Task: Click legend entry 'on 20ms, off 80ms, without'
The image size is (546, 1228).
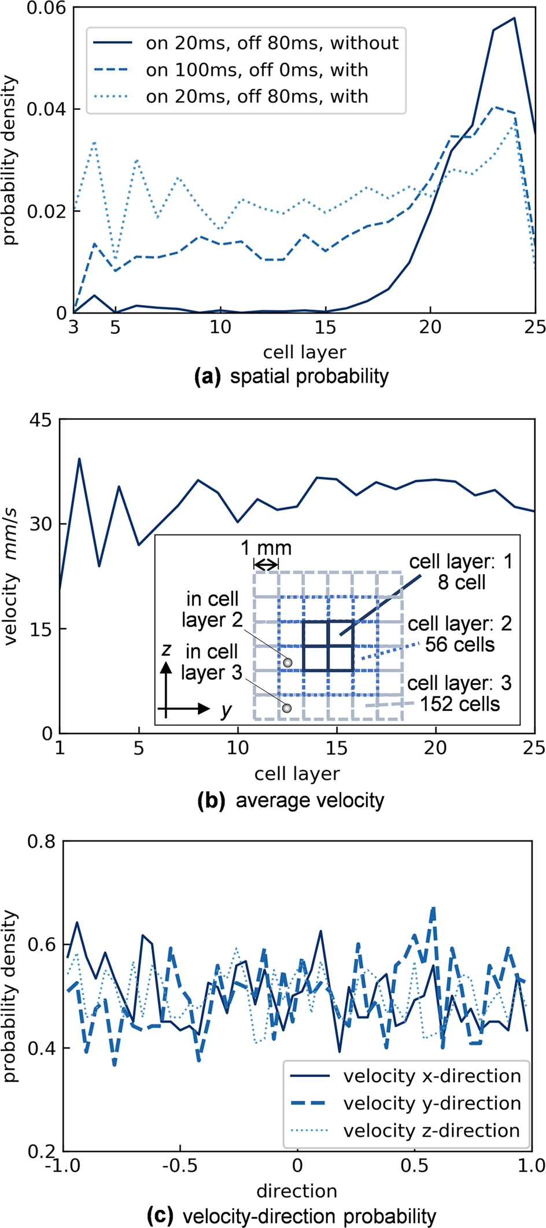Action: (x=272, y=43)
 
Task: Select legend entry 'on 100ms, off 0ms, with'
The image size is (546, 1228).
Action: (x=257, y=71)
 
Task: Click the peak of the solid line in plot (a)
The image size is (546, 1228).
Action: (x=514, y=19)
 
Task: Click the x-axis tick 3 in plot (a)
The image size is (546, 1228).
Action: (x=73, y=327)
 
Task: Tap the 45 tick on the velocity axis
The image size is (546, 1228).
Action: (x=39, y=421)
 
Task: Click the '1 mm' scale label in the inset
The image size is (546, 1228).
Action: (x=266, y=548)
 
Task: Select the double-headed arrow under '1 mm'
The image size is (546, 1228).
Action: (x=266, y=564)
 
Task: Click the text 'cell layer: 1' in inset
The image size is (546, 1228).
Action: (x=460, y=562)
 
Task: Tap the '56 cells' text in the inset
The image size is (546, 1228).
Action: (x=460, y=644)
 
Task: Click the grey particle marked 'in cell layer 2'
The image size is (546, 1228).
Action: (x=287, y=662)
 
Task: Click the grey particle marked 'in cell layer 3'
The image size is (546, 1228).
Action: (x=286, y=708)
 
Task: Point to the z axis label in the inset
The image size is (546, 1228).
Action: (x=167, y=650)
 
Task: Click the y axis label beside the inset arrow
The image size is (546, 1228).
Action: (x=226, y=710)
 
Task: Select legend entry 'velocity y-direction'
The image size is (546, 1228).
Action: (x=431, y=1103)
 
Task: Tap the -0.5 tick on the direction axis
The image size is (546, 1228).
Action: (x=180, y=1165)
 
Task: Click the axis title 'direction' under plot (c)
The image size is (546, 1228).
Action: (x=297, y=1191)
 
